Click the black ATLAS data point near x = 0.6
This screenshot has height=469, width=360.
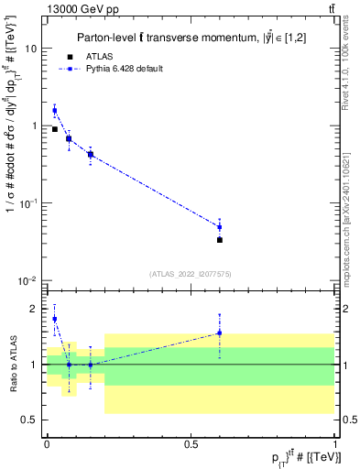pos(220,240)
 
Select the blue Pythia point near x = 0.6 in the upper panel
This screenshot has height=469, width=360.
pos(220,227)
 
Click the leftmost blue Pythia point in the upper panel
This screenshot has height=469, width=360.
pos(55,110)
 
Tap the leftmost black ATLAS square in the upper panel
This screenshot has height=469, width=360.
pos(55,129)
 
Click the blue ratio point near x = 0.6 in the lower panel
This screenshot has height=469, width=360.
pos(220,333)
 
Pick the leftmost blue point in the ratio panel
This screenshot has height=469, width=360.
pos(55,319)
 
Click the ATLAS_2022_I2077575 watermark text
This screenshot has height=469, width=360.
pos(191,274)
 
